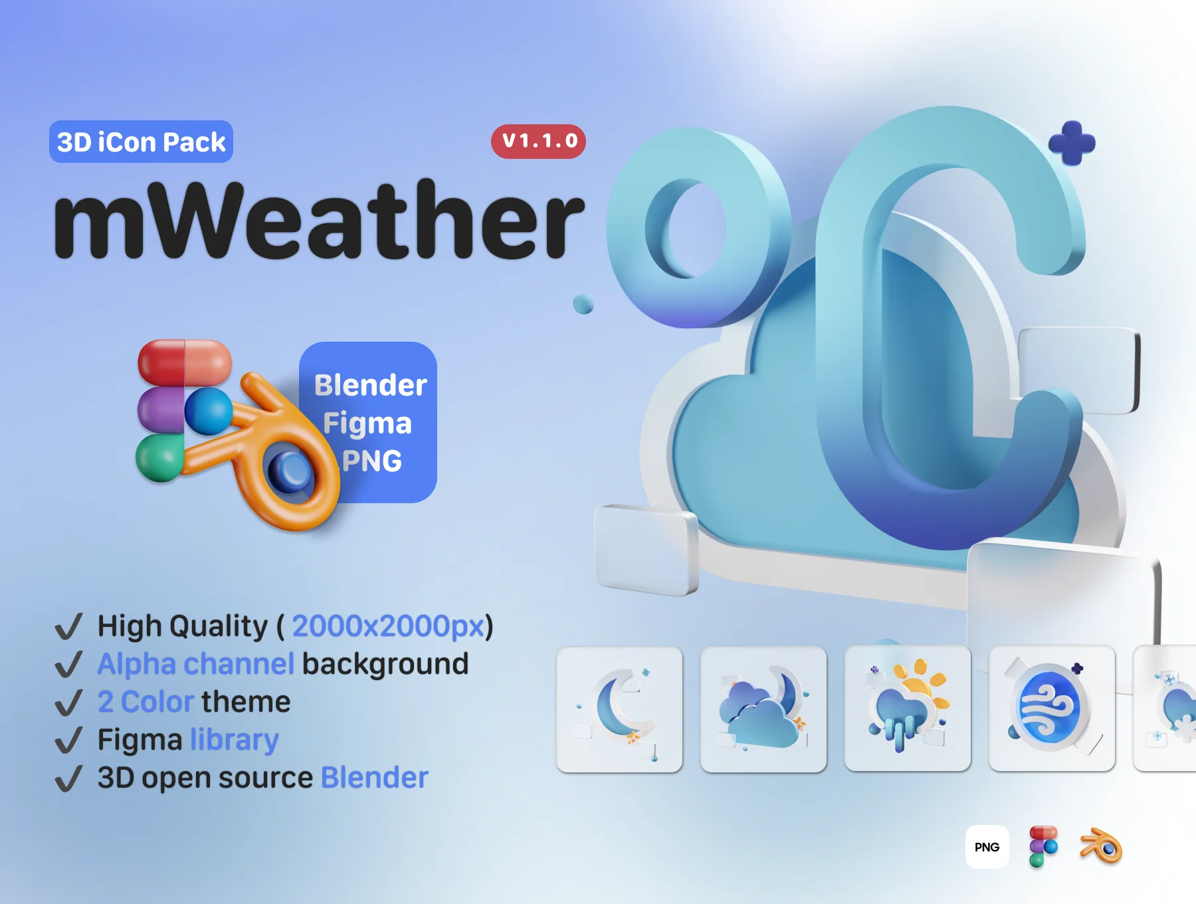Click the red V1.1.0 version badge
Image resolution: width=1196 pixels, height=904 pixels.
click(x=538, y=141)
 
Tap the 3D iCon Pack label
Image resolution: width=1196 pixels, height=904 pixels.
click(x=141, y=142)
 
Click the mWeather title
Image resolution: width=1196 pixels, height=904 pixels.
click(x=319, y=219)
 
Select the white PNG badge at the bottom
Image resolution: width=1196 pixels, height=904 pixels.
click(x=987, y=847)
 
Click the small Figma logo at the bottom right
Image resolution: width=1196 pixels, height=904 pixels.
click(x=1043, y=846)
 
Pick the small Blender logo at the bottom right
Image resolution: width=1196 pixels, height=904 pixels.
click(x=1101, y=846)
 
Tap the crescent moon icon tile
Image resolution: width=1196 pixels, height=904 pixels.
click(x=619, y=709)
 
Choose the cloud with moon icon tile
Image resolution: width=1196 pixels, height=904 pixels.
click(x=763, y=709)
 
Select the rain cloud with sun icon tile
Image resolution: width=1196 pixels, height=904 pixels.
click(x=908, y=709)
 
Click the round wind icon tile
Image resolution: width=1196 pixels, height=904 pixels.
click(x=1052, y=709)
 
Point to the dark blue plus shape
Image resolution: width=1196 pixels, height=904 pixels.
click(x=1072, y=142)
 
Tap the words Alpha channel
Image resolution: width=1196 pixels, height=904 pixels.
click(x=195, y=663)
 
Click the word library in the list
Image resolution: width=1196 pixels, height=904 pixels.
click(x=234, y=740)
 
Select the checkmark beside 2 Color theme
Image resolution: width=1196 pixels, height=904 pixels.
click(x=68, y=703)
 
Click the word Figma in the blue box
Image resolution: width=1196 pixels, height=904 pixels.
click(x=367, y=424)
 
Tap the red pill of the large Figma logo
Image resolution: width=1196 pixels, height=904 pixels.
click(x=185, y=362)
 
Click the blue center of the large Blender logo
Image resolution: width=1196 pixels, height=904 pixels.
click(x=290, y=471)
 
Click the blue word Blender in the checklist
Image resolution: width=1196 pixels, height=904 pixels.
click(x=375, y=778)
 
